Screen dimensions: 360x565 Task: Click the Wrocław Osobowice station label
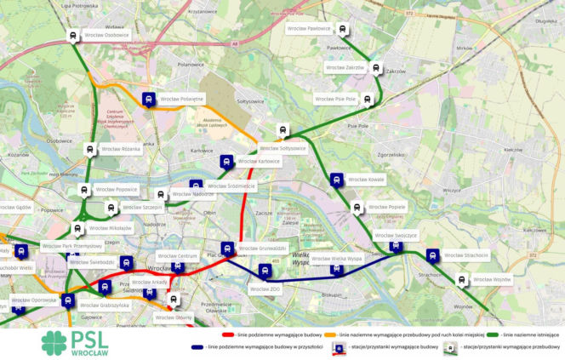coord(106,36)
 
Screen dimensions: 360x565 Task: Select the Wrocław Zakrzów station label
coord(345,67)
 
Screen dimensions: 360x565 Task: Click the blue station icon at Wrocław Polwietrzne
coord(149,99)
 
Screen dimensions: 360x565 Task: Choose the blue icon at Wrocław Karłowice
coord(226,161)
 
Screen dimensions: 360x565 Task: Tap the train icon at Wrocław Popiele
coord(357,208)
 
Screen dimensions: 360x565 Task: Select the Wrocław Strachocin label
coord(465,255)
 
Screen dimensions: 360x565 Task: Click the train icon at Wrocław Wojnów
coord(462,280)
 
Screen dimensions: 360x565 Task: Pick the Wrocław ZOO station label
coord(265,289)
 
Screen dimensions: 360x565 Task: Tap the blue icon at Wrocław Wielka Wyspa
coord(337,270)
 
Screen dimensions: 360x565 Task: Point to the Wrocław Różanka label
coord(120,149)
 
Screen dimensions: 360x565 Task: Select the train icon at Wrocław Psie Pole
coord(368,100)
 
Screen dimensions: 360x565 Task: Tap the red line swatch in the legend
coord(227,336)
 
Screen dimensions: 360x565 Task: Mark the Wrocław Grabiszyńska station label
coord(105,305)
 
